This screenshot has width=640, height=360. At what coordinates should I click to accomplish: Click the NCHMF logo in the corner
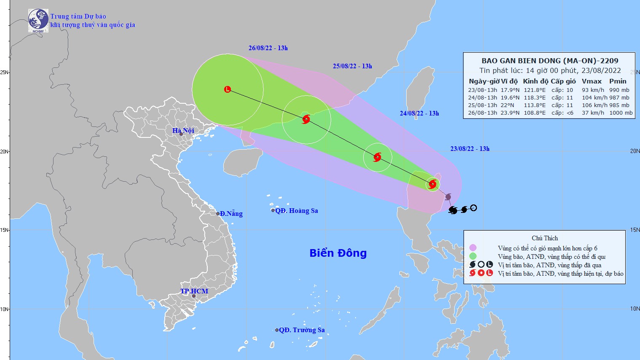point(38,20)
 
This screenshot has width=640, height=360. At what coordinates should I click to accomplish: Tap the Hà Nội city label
point(183,131)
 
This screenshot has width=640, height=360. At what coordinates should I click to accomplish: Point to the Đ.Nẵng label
point(231,214)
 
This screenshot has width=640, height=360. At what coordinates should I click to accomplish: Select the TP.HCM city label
point(194,291)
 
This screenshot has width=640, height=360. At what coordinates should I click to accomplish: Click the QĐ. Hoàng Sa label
point(296,211)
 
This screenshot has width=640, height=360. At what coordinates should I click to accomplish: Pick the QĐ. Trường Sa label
point(302,330)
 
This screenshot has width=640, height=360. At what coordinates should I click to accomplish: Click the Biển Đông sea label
point(338,253)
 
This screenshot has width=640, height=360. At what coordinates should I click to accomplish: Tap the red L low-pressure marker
point(228,89)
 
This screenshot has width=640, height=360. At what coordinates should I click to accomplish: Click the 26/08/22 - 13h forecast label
point(268,48)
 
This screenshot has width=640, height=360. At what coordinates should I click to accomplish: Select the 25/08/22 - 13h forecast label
point(352,66)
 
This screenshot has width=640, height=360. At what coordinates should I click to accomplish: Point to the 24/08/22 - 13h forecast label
point(419,113)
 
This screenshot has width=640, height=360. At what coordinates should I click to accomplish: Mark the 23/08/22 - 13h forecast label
point(470,149)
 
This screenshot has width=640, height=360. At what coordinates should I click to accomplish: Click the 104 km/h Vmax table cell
point(593,97)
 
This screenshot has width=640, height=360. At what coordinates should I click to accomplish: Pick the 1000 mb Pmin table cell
point(621,113)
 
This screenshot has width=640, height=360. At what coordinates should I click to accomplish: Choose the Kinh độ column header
point(536,81)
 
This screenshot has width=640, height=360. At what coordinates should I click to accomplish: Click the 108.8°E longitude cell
point(534,113)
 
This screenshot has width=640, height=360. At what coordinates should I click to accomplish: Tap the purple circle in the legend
point(473,248)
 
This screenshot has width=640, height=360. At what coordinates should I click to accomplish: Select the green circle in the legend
point(473,256)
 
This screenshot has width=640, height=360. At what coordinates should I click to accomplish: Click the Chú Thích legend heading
point(544,238)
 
